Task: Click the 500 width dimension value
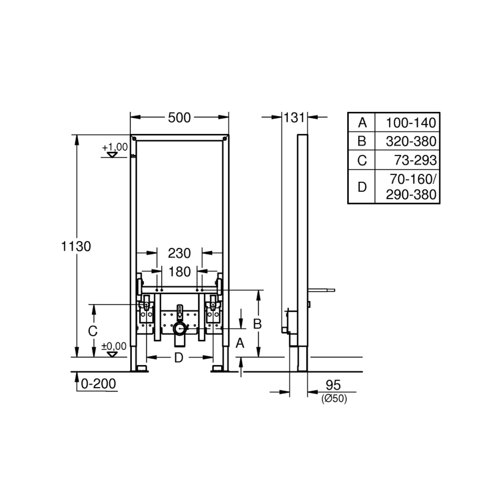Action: coord(179,118)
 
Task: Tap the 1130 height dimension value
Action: coord(76,246)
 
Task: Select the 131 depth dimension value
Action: coord(294,118)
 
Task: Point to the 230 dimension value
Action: coord(179,253)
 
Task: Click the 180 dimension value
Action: coord(180,272)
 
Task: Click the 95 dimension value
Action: coord(333,385)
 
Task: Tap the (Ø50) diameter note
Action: coord(334,398)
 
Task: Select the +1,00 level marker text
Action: coord(115,147)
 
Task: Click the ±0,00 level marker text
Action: coord(114,346)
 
